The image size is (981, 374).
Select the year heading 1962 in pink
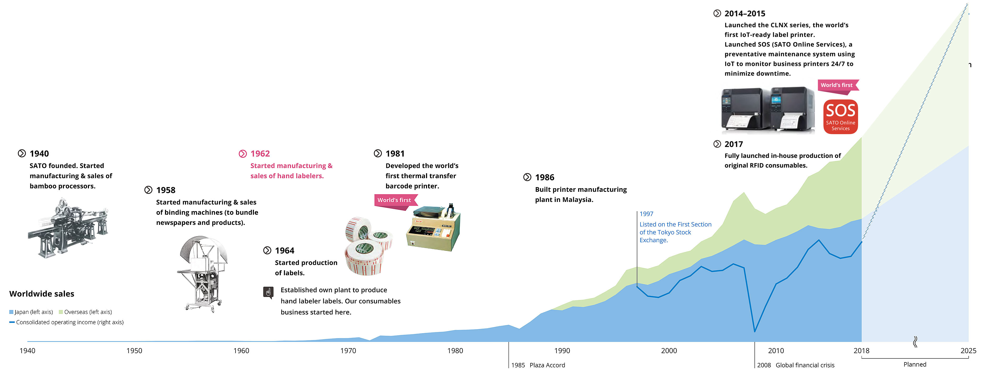coord(260,154)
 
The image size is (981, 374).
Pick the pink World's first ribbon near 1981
coord(394,200)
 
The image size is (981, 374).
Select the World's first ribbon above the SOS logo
coord(837,85)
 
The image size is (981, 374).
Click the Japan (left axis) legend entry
coord(31,312)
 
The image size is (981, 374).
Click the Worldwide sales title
coord(42,294)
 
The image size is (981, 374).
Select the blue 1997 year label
coord(646,214)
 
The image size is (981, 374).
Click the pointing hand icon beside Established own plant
coord(268,292)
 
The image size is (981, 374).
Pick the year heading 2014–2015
coord(744,14)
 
